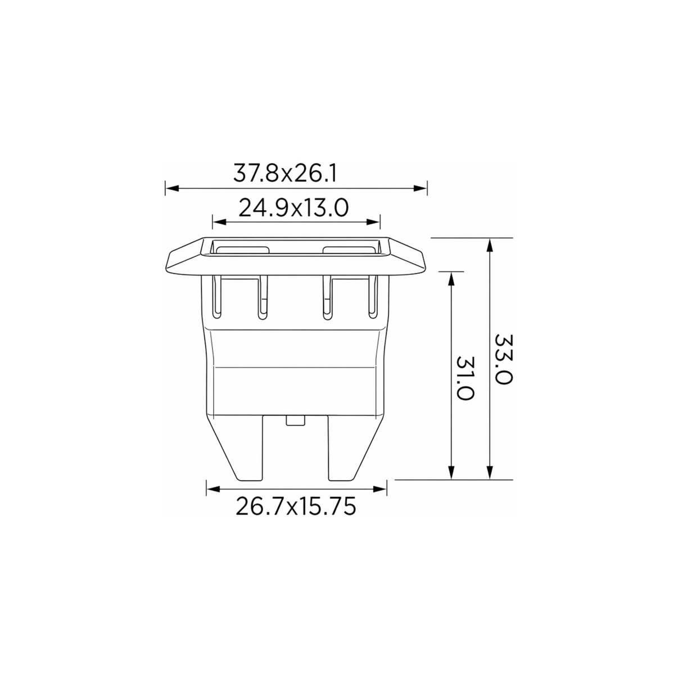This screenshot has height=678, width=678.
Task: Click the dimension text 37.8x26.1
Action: tap(285, 173)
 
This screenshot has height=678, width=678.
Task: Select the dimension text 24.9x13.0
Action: tap(293, 207)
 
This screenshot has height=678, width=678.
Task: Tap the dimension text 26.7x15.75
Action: tap(296, 507)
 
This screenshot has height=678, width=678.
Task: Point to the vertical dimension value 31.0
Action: tap(465, 378)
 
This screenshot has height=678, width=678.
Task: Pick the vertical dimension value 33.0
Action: tap(504, 359)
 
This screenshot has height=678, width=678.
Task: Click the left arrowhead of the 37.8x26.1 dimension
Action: tap(172, 188)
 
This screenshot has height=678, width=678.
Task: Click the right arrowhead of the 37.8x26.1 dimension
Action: tap(420, 188)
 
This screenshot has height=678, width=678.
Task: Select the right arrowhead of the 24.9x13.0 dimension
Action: tap(373, 222)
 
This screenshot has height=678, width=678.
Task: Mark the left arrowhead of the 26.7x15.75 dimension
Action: tap(213, 489)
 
